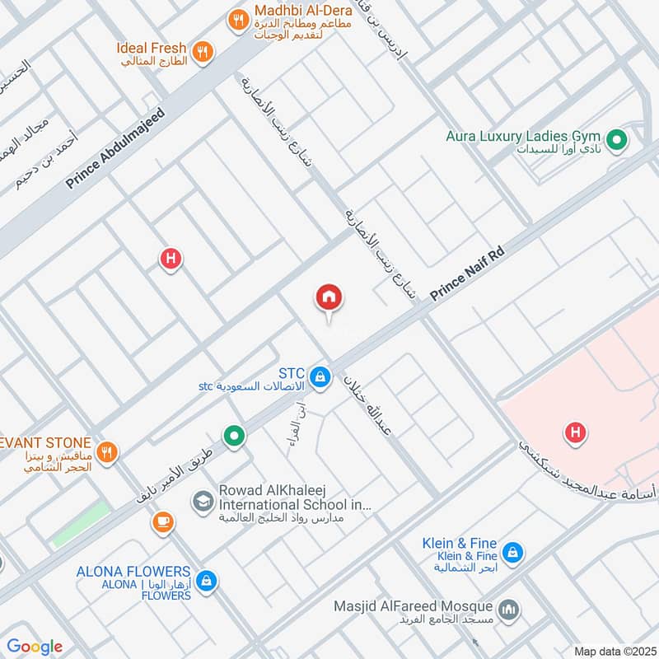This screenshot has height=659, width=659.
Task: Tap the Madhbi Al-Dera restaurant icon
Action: pyautogui.click(x=239, y=21)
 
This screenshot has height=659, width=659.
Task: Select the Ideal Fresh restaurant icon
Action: pyautogui.click(x=203, y=54)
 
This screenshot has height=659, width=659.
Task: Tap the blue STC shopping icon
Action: pyautogui.click(x=322, y=378)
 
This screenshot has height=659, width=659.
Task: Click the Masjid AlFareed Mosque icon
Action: pyautogui.click(x=510, y=610)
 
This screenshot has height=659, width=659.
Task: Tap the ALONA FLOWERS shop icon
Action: pyautogui.click(x=207, y=581)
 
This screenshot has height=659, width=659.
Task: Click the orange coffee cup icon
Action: pyautogui.click(x=162, y=521)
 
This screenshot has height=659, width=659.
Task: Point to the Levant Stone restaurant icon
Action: pyautogui.click(x=106, y=451)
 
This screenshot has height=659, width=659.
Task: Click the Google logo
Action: pyautogui.click(x=35, y=647)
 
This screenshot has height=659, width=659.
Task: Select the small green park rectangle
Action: pyautogui.click(x=81, y=523)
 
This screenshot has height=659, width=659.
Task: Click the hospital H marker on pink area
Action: pyautogui.click(x=575, y=431)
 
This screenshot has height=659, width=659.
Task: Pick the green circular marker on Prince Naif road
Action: pyautogui.click(x=235, y=436)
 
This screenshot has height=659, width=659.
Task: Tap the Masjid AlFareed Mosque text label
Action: pyautogui.click(x=413, y=606)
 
